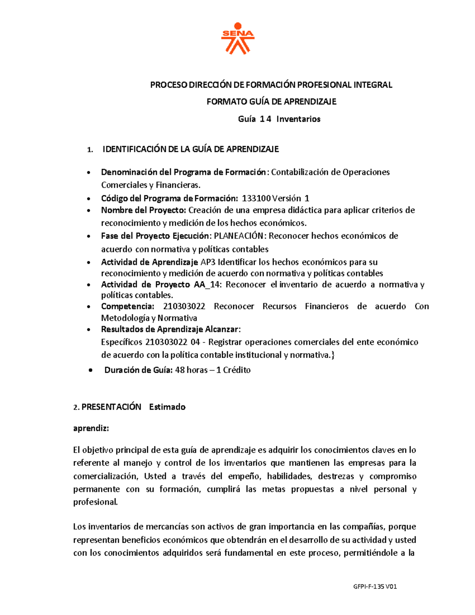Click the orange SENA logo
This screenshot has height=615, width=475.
237,38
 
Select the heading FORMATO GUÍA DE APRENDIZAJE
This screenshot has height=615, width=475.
271,102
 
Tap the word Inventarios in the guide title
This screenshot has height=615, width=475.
298,119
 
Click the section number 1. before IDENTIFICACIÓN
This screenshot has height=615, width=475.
90,150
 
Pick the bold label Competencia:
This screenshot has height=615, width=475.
127,307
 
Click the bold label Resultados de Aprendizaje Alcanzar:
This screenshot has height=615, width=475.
171,329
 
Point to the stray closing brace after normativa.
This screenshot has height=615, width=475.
332,355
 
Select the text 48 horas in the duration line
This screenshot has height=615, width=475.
191,370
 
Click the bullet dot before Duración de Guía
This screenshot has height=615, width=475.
91,370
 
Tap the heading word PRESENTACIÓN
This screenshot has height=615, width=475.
111,407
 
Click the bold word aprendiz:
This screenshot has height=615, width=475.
91,428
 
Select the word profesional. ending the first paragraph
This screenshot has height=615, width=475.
95,502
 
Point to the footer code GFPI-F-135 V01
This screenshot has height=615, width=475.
374,586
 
